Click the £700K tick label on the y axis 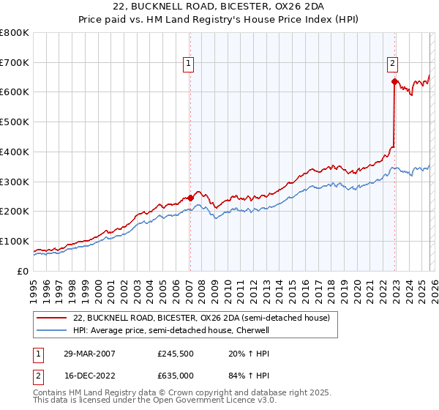15,63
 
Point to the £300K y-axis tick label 15,182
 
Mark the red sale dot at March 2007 190,198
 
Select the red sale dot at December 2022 394,82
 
